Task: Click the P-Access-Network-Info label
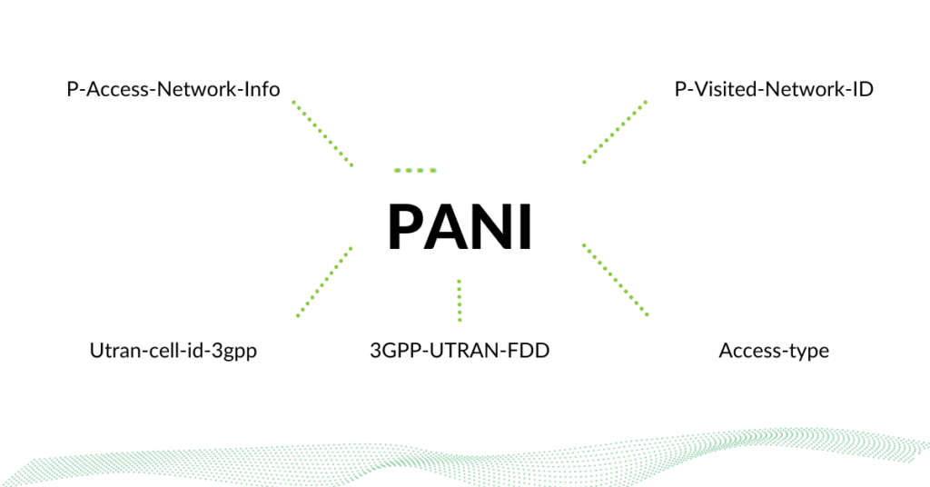point(173,89)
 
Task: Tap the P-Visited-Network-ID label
point(774,89)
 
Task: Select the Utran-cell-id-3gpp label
point(173,351)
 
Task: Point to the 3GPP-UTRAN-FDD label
point(460,351)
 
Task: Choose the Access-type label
point(774,351)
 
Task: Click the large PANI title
point(460,227)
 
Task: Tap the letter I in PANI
point(527,227)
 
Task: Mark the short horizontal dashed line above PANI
point(415,170)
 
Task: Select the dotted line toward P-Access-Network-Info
point(322,134)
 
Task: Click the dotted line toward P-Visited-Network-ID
point(615,133)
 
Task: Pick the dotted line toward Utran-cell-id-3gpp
point(324,282)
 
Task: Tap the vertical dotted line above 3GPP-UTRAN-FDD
point(460,301)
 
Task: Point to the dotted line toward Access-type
point(615,279)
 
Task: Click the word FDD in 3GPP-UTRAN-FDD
point(530,351)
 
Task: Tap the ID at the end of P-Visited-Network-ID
point(862,89)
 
